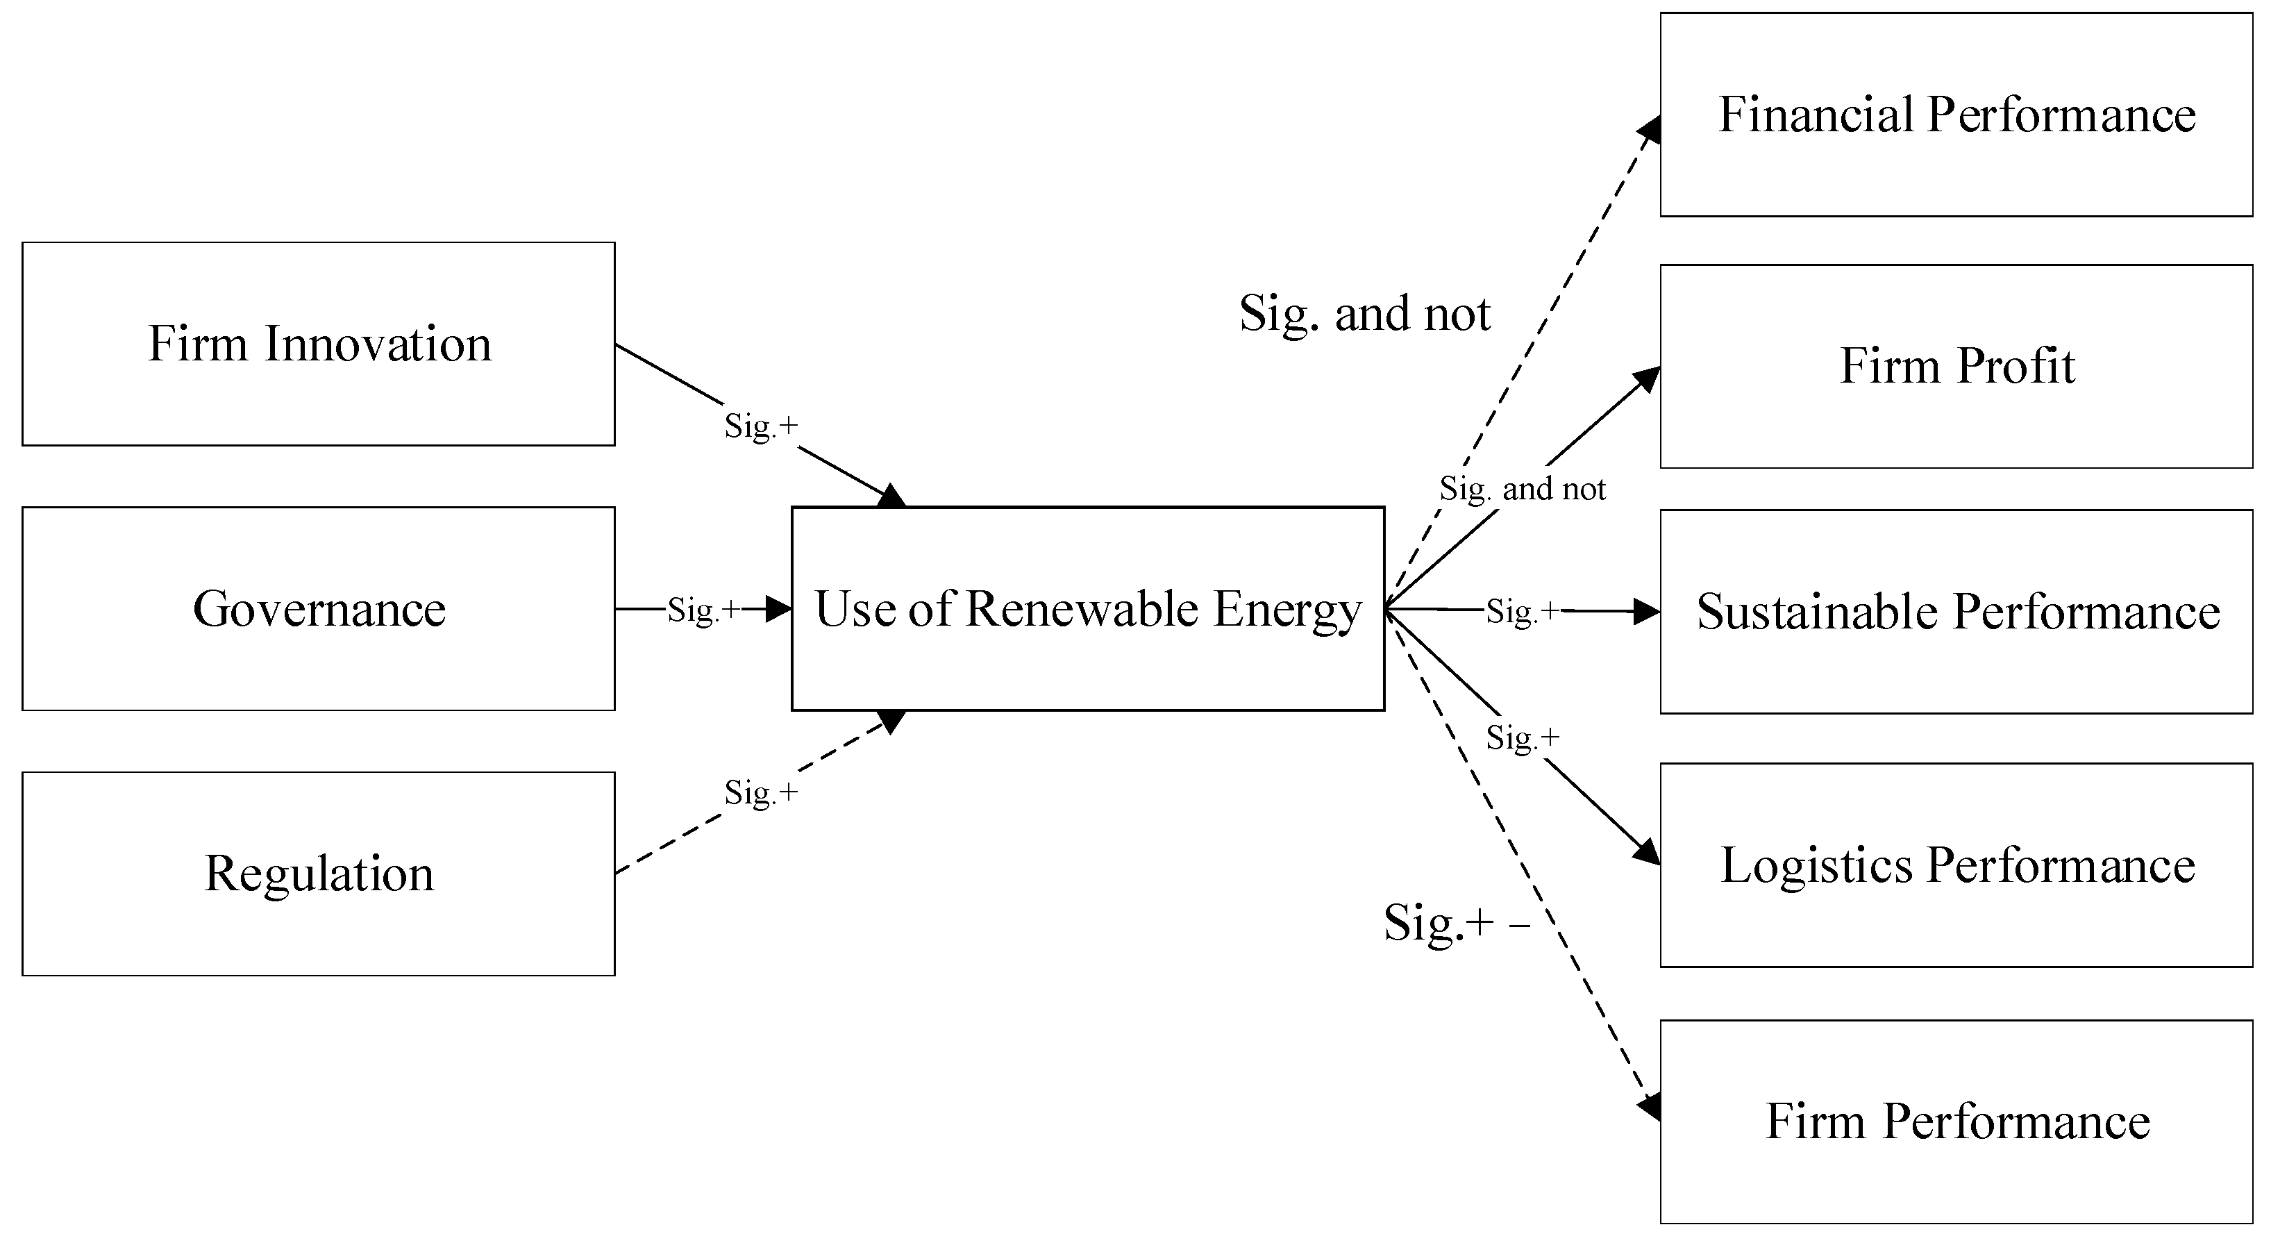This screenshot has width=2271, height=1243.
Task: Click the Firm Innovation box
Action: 318,344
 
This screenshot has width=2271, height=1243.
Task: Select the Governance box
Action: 318,608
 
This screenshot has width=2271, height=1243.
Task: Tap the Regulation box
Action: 318,874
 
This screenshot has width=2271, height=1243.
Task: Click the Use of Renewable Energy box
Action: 1087,608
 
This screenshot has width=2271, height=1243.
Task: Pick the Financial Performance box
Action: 1956,115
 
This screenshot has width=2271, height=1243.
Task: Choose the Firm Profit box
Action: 1956,366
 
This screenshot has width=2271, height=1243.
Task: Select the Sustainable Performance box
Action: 1956,611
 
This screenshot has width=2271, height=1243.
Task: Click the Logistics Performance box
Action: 1956,865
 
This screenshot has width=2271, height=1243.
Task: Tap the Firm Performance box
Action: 1956,1121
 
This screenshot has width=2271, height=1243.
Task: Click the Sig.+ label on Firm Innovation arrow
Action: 761,426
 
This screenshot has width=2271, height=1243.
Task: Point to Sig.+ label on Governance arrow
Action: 703,609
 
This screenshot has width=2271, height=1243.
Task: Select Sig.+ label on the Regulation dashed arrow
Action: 761,792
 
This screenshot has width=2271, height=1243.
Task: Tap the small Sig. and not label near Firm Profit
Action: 1523,488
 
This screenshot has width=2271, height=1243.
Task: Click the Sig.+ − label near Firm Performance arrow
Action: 1457,923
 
